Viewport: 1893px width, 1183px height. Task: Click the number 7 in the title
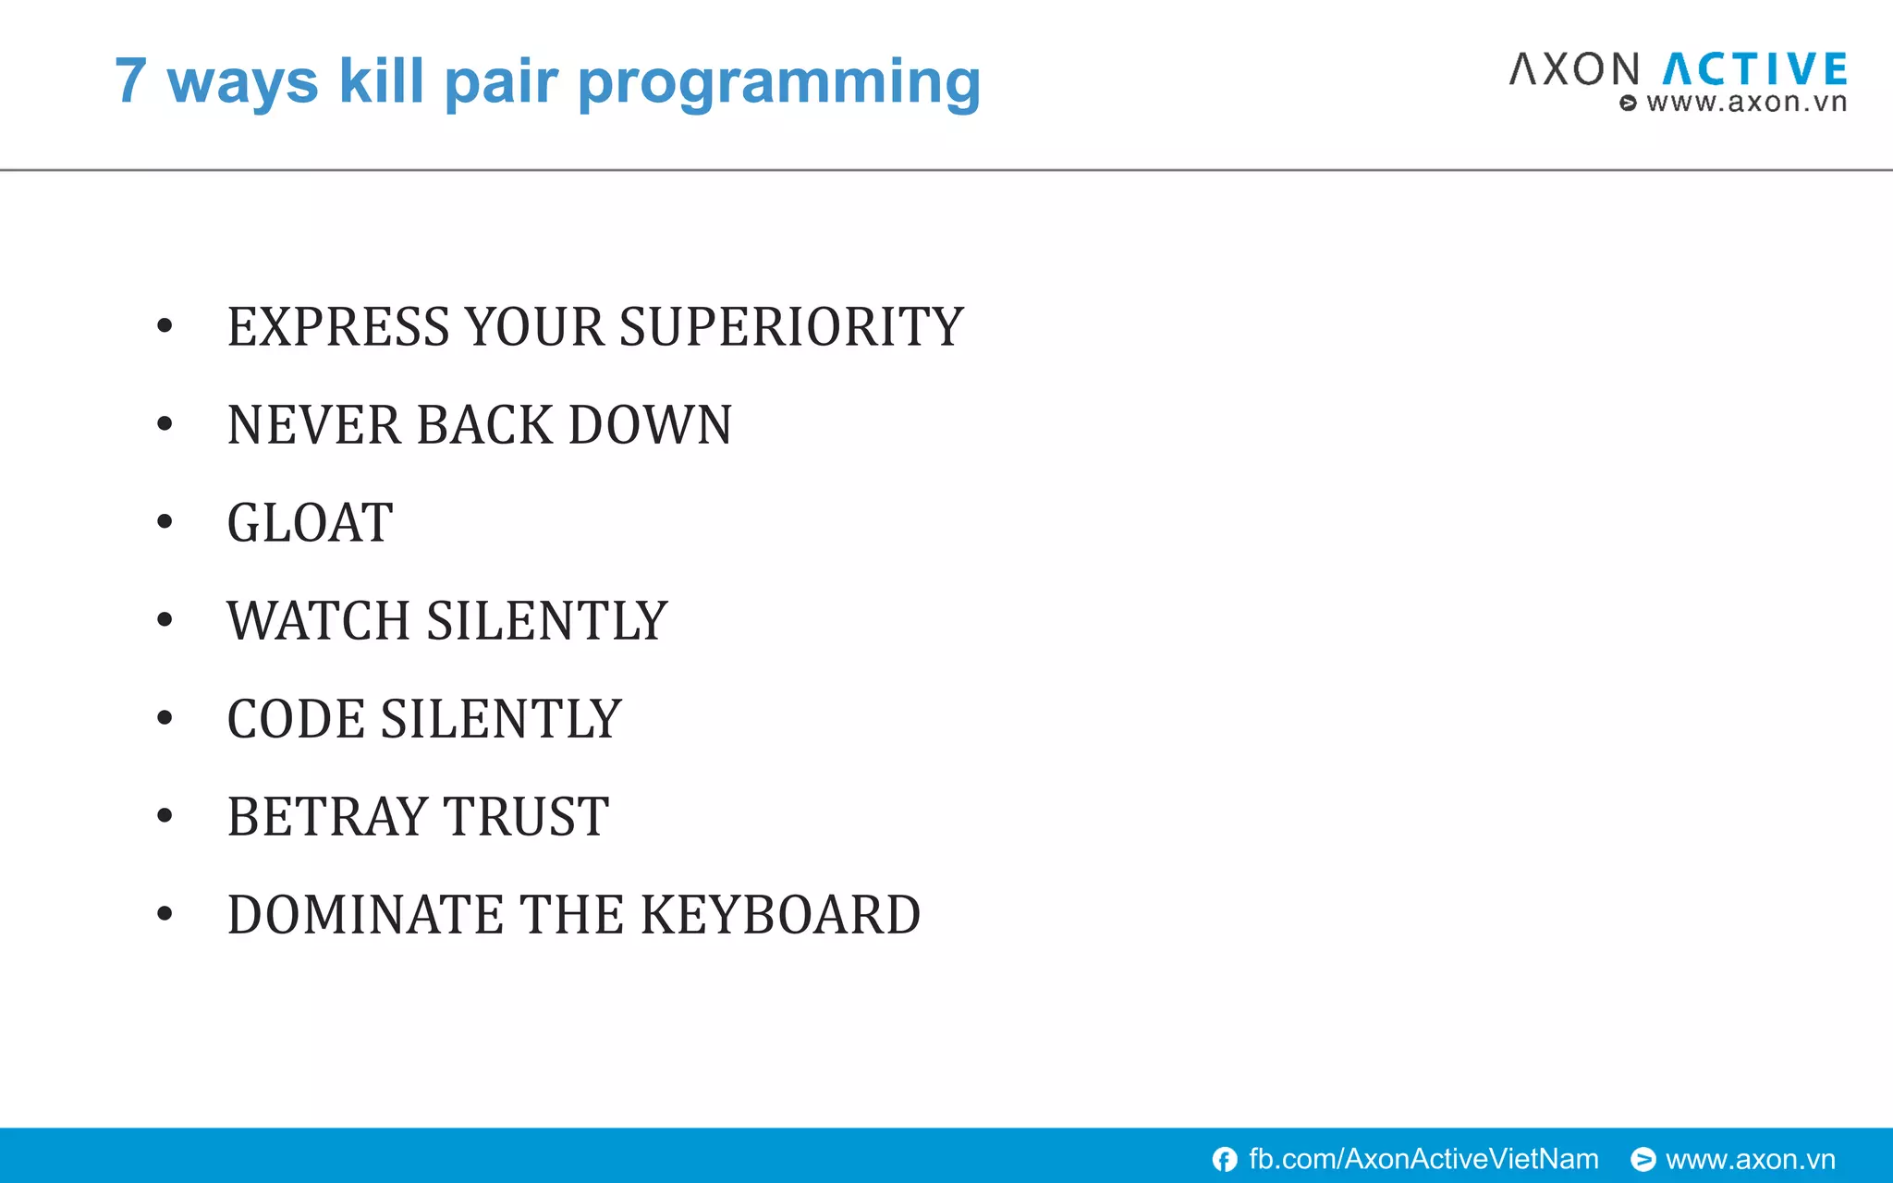coord(131,81)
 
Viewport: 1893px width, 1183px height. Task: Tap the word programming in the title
coord(778,83)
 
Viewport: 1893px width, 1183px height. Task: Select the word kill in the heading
coord(381,80)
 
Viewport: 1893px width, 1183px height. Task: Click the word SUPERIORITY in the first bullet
coord(791,327)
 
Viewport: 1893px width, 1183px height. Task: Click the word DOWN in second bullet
coord(650,425)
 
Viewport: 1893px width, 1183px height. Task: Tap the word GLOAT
coord(310,523)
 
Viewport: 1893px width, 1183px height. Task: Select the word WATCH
coord(318,621)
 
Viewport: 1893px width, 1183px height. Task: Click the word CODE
coord(296,719)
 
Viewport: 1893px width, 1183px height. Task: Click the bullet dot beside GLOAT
coord(165,522)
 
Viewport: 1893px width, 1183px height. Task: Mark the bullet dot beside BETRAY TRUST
coord(165,816)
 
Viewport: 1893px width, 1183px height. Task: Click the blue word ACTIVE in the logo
coord(1755,70)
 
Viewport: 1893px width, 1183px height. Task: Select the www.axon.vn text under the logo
coord(1745,103)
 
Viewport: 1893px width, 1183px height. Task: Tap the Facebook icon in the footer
coord(1225,1159)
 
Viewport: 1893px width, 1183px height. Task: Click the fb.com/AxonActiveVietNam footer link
coord(1423,1159)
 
